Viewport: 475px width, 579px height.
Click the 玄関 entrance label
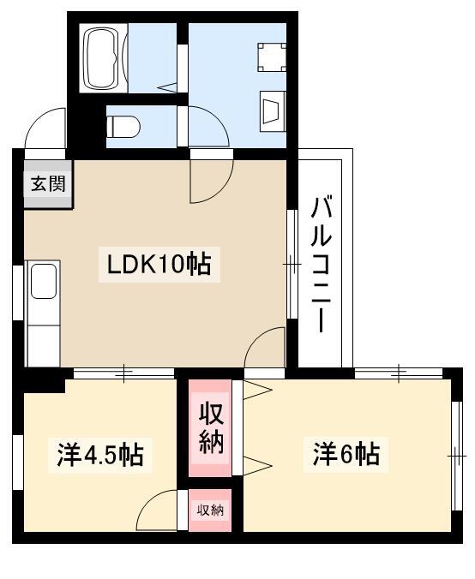[49, 183]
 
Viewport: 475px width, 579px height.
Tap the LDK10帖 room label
[164, 265]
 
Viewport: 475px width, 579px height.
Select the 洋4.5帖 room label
[99, 454]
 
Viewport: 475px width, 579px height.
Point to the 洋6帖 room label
[345, 453]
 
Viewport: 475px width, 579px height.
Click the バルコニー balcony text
[322, 264]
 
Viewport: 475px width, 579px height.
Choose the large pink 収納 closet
[211, 427]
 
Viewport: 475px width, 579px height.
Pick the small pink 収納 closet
[211, 511]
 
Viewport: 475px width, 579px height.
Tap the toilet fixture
[123, 127]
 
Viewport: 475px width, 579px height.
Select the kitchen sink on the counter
[43, 282]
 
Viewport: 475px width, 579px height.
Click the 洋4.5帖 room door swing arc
[159, 511]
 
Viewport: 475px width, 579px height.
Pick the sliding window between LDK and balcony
[292, 265]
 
